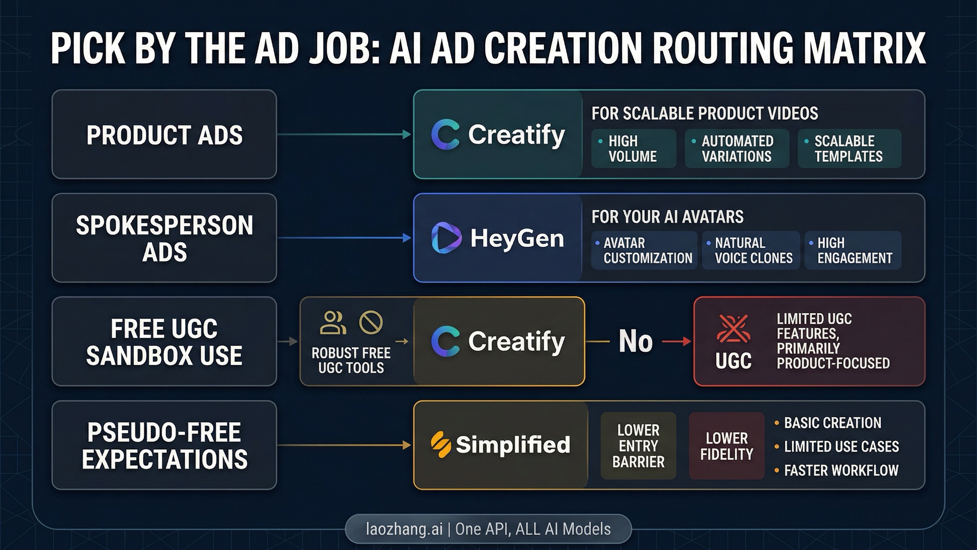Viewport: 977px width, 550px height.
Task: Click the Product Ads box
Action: [x=164, y=134]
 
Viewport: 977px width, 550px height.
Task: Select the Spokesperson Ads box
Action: [x=164, y=238]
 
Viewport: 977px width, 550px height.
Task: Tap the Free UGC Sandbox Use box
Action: [x=164, y=341]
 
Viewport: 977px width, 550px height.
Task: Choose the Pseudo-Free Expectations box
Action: [x=164, y=445]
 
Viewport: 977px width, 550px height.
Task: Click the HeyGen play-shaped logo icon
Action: [x=446, y=238]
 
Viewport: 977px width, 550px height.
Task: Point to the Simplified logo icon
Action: [x=440, y=444]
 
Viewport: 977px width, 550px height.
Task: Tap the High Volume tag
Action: [x=633, y=149]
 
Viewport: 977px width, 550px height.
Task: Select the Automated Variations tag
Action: [x=736, y=149]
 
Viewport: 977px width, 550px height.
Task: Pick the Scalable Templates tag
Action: [x=849, y=149]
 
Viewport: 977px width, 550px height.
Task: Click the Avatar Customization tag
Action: [x=644, y=250]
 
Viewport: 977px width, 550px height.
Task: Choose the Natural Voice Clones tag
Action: [x=751, y=250]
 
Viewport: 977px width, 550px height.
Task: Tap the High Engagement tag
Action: [x=853, y=250]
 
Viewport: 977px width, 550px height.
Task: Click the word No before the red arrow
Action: [x=635, y=341]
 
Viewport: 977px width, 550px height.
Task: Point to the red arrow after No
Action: [x=677, y=341]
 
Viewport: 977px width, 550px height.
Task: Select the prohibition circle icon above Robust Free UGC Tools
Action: [x=371, y=323]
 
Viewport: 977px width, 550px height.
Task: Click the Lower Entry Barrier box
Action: [x=638, y=446]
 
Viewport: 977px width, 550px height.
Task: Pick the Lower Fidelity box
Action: [x=727, y=446]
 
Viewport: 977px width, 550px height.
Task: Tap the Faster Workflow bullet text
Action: [x=841, y=471]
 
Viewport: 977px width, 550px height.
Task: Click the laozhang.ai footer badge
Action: [x=488, y=529]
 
